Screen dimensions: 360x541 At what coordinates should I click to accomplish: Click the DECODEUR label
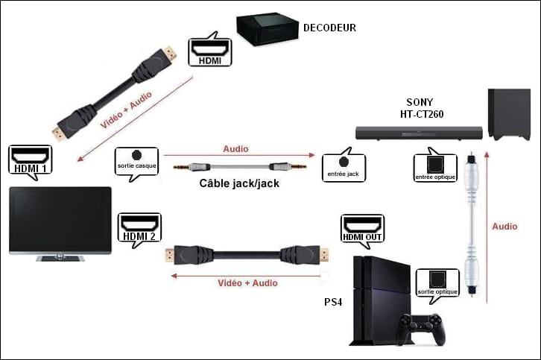[x=329, y=28]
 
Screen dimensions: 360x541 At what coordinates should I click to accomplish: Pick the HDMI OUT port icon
[x=362, y=230]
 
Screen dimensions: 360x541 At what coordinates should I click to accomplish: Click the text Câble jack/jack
[x=240, y=183]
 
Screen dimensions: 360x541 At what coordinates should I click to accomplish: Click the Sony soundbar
[x=418, y=133]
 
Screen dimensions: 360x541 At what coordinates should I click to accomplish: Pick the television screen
[x=60, y=220]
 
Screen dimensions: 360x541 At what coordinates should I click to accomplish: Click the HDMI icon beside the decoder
[x=209, y=49]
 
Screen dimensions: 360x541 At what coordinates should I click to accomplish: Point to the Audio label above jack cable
[x=236, y=149]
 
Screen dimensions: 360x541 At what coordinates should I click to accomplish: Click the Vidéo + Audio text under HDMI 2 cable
[x=247, y=283]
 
